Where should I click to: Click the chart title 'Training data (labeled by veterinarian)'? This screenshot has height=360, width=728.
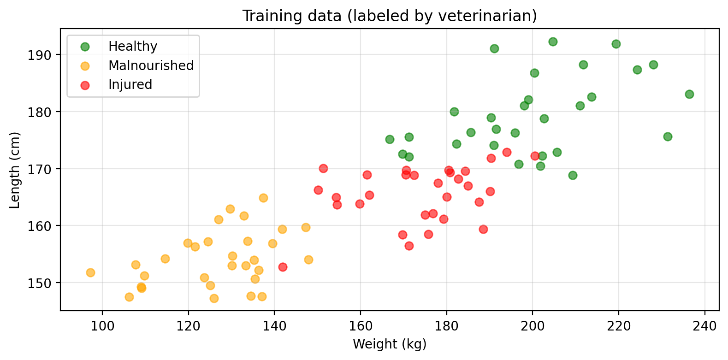point(390,16)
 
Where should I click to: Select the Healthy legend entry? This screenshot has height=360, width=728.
point(133,47)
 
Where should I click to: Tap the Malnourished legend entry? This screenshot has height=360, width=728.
point(151,65)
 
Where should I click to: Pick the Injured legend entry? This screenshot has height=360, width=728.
point(130,85)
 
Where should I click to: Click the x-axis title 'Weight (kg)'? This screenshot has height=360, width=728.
point(390,344)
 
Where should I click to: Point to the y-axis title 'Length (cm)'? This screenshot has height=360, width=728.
point(15,170)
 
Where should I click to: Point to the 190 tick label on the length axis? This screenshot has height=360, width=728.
point(45,55)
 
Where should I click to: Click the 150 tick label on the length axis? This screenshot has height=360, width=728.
point(45,283)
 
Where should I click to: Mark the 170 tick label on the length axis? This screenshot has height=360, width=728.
point(45,169)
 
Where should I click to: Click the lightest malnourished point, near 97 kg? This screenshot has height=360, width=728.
point(90,272)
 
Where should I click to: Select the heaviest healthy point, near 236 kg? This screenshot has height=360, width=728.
point(689,94)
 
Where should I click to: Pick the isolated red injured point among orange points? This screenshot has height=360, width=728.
point(283,267)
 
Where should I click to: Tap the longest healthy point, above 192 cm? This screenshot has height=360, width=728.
point(553,41)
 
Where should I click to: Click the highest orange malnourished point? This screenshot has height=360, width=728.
point(263,198)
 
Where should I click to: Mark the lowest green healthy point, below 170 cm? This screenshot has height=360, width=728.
point(573,175)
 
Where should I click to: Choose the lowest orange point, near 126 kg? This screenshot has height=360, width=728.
point(214,298)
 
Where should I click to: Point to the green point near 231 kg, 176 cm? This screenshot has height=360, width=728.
point(668,136)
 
